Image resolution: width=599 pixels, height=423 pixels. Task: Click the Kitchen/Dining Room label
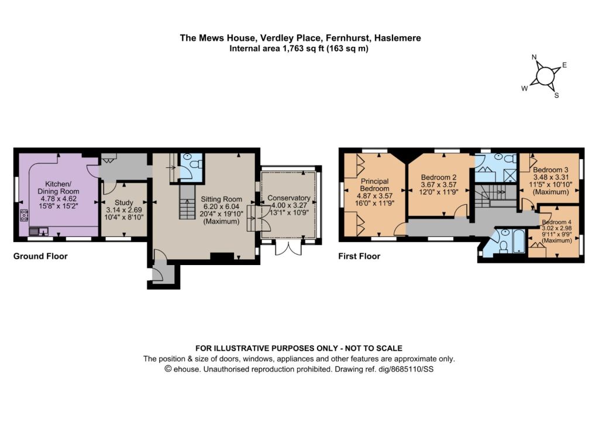[58, 188]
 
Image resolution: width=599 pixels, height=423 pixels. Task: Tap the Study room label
[124, 202]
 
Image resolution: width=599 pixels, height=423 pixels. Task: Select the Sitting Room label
[221, 199]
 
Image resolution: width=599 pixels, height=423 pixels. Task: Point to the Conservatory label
[289, 198]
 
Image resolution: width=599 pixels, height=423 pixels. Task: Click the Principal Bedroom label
[375, 185]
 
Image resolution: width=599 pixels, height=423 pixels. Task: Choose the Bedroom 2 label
[439, 177]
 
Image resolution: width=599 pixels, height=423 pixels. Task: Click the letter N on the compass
[535, 57]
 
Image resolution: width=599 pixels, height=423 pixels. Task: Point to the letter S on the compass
[557, 95]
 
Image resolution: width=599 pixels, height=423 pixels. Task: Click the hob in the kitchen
[24, 215]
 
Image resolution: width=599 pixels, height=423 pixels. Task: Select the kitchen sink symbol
[39, 231]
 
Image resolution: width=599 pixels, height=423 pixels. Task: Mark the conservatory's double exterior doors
[288, 248]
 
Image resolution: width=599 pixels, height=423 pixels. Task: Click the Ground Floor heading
[40, 256]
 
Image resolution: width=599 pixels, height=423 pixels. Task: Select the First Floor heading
[359, 256]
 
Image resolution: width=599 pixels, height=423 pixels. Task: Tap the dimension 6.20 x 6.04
[221, 207]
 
